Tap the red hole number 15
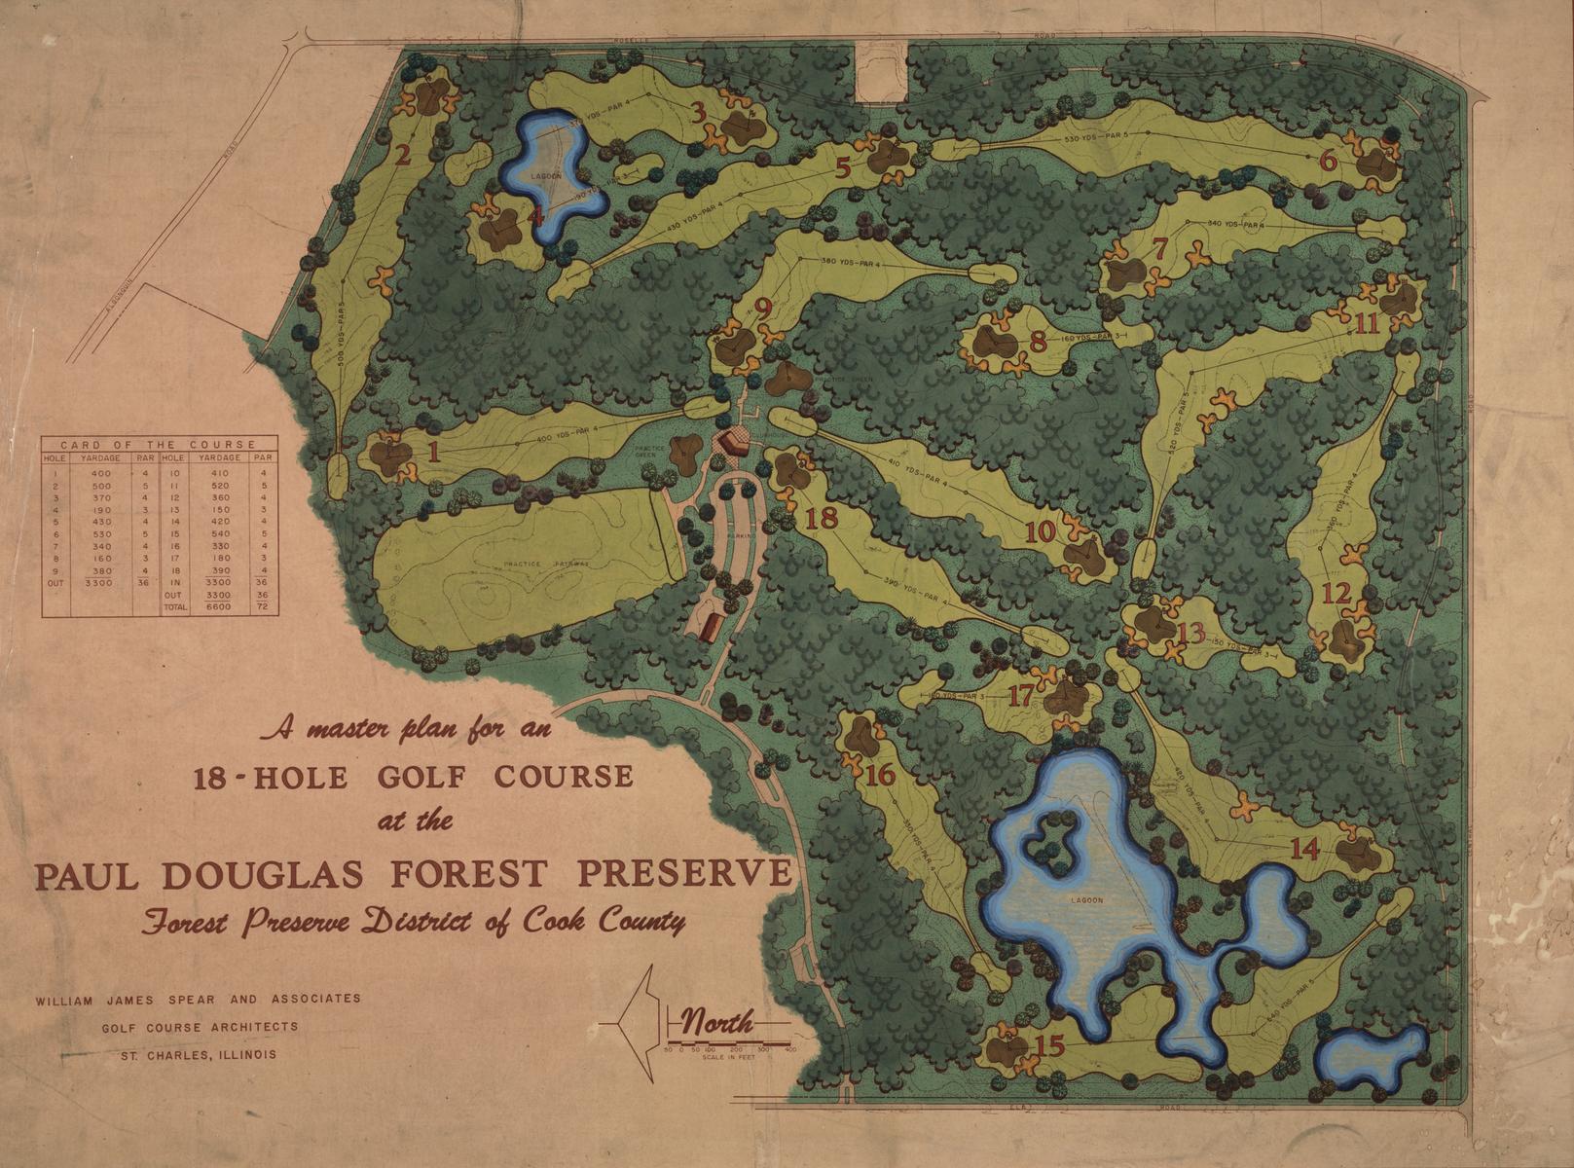pyautogui.click(x=1050, y=1046)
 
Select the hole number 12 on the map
pyautogui.click(x=1336, y=592)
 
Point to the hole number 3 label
pyautogui.click(x=698, y=112)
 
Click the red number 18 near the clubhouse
pyautogui.click(x=821, y=518)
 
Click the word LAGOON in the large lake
pyautogui.click(x=1088, y=900)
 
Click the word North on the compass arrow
pyautogui.click(x=717, y=1023)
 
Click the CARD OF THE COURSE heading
pyautogui.click(x=159, y=444)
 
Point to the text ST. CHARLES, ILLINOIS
pyautogui.click(x=198, y=1054)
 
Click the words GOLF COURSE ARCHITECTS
pyautogui.click(x=200, y=1026)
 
